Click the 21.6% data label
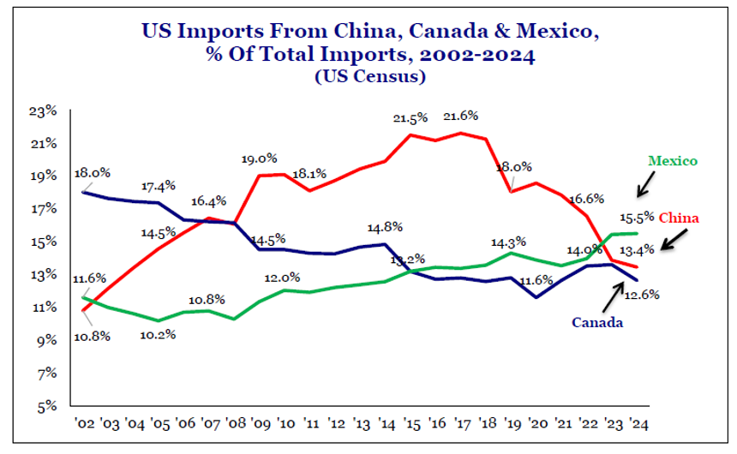pos(460,116)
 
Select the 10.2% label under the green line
pos(158,334)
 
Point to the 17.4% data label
pos(159,186)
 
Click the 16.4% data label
pos(208,201)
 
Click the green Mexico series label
pos(672,161)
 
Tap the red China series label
pos(682,218)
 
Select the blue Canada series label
pos(597,323)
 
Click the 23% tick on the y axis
pos(44,111)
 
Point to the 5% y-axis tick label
pos(46,405)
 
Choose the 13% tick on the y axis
pos(44,274)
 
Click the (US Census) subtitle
pos(369,77)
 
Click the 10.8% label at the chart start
pos(93,336)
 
